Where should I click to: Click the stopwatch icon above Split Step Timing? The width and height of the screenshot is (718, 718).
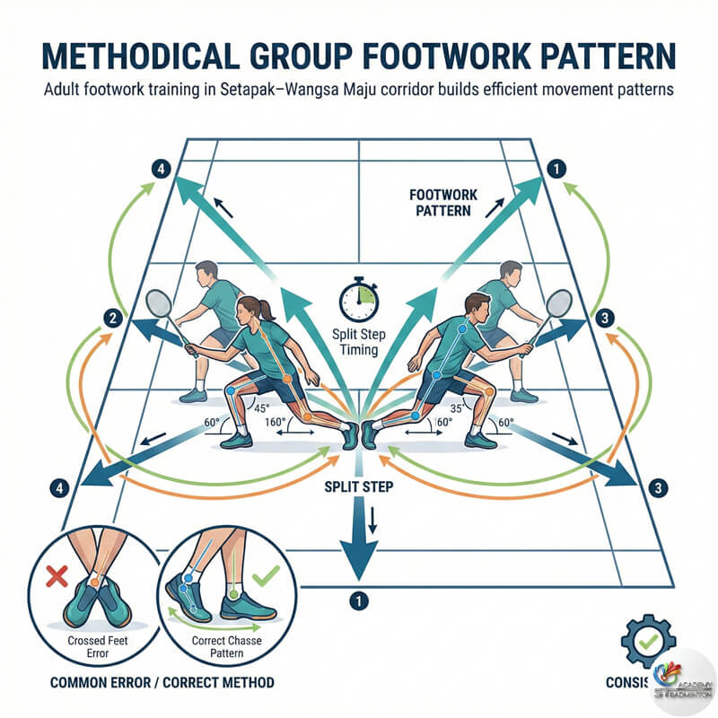[x=357, y=301]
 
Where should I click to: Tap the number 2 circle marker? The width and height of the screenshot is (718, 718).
[x=113, y=317]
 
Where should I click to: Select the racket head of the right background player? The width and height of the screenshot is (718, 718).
[x=557, y=305]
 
